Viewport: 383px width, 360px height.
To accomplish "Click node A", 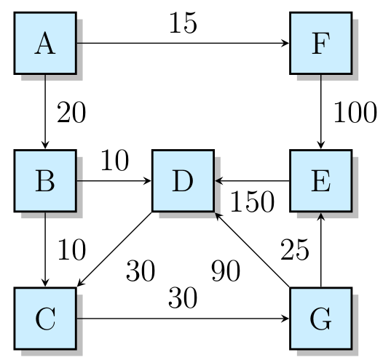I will pos(45,43).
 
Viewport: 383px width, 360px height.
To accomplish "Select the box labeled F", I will pos(320,43).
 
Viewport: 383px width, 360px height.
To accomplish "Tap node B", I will pos(45,180).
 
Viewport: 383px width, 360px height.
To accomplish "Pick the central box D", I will pos(183,180).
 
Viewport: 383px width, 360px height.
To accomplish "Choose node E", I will pos(320,180).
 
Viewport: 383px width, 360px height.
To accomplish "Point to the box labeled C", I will pos(45,318).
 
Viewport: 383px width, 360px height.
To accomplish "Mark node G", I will pos(320,318).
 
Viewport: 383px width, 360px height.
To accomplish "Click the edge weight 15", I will pos(183,23).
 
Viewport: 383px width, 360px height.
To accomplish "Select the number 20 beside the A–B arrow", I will pos(71,113).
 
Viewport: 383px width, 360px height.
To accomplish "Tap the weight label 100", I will pos(355,113).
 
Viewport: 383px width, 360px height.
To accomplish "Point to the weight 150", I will pos(251,202).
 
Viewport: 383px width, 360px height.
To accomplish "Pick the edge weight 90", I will pos(226,271).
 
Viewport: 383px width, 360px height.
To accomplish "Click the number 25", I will pos(296,249).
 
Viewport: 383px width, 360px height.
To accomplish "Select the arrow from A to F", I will pos(182,43).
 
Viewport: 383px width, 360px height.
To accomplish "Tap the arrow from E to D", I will pos(251,180).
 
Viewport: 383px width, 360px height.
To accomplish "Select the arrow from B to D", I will pos(114,180).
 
